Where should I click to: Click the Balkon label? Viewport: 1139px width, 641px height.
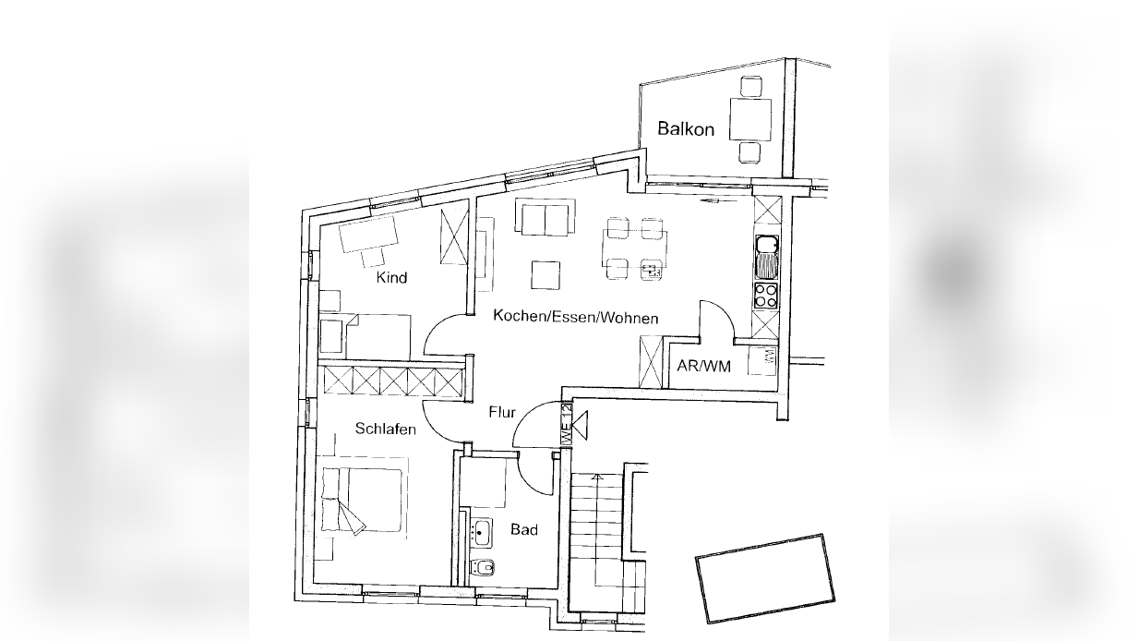pos(686,128)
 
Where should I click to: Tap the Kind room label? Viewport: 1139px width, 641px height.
pos(391,278)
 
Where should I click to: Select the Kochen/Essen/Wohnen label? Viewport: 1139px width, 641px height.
pos(576,317)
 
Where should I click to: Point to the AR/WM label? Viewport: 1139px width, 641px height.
pos(703,366)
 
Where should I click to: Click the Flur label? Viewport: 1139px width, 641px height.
pos(502,412)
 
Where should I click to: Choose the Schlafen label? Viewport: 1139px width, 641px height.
pos(386,429)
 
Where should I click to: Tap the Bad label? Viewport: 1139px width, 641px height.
pos(524,529)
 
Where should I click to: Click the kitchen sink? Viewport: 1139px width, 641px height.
pos(767,258)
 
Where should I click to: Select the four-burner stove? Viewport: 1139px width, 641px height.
pos(766,295)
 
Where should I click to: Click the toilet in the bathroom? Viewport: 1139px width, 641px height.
pos(482,567)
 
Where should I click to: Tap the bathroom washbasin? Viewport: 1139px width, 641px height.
pos(480,533)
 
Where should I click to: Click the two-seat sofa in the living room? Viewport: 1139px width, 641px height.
pos(546,217)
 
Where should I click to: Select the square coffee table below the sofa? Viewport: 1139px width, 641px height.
pos(546,275)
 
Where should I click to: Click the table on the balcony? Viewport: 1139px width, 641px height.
pos(750,119)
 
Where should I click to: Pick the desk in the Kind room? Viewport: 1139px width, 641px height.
pos(368,234)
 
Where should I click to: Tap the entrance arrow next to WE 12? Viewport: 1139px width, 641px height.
pos(581,425)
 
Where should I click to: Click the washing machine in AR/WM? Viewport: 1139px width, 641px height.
pos(762,361)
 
